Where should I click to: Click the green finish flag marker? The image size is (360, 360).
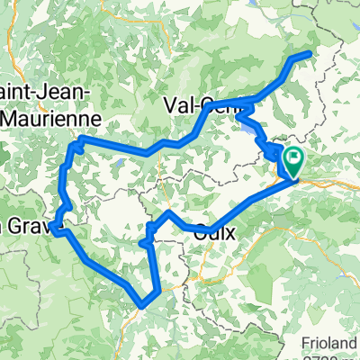point(292,160)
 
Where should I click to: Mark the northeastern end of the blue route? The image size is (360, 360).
point(310,54)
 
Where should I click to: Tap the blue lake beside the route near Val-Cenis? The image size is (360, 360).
point(245,127)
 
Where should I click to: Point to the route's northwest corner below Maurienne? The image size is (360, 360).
point(77,141)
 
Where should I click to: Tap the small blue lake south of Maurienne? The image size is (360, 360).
point(117,164)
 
